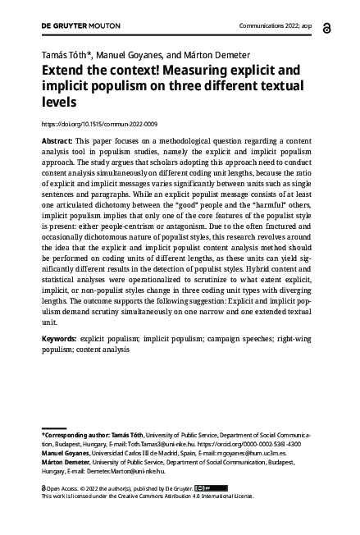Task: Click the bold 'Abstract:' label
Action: point(57,141)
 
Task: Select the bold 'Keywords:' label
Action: point(59,338)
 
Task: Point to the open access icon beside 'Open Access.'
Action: point(43,487)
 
